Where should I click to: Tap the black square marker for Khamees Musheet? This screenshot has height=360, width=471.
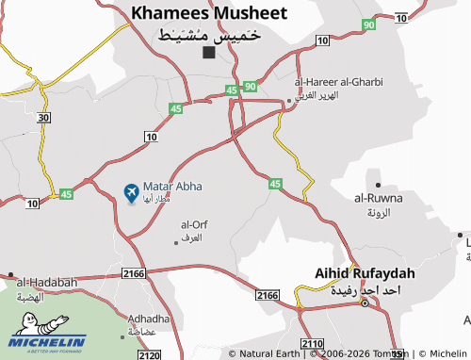click(208, 53)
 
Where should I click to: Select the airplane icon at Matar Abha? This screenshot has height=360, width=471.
click(131, 194)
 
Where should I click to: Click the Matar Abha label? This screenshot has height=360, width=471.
click(172, 187)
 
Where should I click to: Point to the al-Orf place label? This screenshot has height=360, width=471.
click(193, 224)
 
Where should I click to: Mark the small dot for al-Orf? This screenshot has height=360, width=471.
click(175, 243)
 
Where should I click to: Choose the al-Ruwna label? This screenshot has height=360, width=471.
click(378, 198)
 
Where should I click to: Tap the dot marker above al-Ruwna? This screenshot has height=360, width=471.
click(378, 185)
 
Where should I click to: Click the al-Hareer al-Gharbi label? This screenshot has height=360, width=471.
click(339, 82)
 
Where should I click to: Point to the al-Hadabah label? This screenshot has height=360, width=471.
click(47, 282)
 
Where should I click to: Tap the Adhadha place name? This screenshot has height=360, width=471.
click(149, 319)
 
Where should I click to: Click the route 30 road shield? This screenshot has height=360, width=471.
click(43, 117)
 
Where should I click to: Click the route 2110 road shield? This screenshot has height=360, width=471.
click(312, 342)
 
